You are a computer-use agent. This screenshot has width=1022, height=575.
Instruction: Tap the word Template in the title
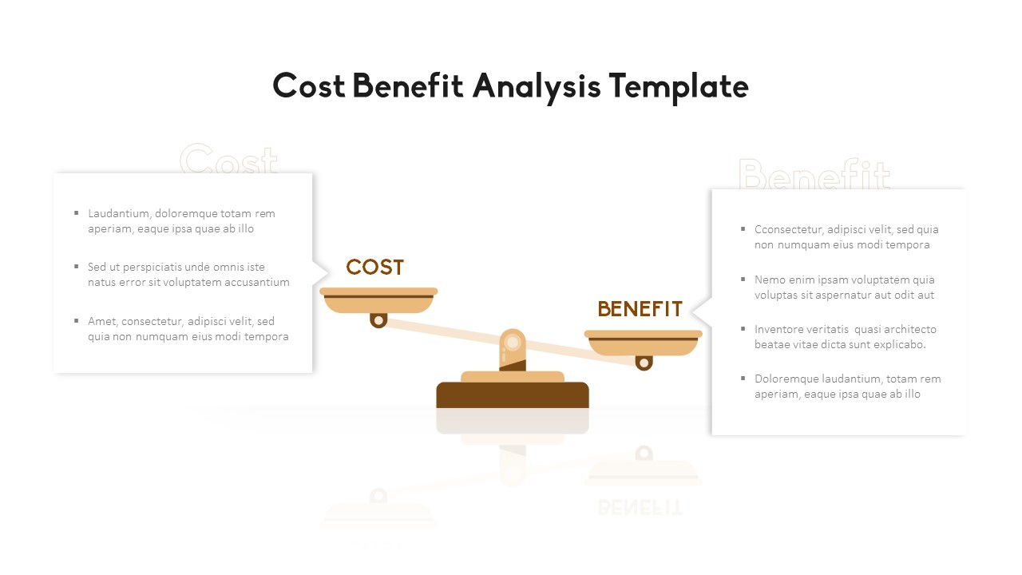678,86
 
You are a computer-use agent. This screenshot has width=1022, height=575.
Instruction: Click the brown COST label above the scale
374,268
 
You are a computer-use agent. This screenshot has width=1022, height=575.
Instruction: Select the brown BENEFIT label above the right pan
640,309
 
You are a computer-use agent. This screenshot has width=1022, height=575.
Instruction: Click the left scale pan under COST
378,301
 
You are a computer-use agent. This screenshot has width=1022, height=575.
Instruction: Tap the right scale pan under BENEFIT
643,343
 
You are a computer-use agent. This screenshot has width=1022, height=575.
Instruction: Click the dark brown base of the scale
513,395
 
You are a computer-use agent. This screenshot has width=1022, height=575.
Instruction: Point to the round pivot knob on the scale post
513,343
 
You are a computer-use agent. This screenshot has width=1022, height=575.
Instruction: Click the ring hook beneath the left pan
378,320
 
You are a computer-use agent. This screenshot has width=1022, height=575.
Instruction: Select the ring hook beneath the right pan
644,363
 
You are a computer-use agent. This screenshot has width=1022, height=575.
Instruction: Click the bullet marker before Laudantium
77,212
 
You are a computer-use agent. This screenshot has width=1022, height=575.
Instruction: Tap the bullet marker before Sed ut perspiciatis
77,266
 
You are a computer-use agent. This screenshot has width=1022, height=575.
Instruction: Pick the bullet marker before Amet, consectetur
77,320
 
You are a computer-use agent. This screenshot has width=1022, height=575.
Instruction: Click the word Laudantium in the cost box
118,213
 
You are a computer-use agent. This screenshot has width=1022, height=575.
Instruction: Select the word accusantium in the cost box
255,282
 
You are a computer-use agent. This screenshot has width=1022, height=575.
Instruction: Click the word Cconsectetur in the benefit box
788,229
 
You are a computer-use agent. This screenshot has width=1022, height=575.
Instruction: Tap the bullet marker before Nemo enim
743,279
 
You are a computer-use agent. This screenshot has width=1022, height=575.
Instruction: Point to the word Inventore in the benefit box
778,329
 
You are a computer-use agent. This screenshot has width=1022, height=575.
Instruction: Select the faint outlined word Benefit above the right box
814,174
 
